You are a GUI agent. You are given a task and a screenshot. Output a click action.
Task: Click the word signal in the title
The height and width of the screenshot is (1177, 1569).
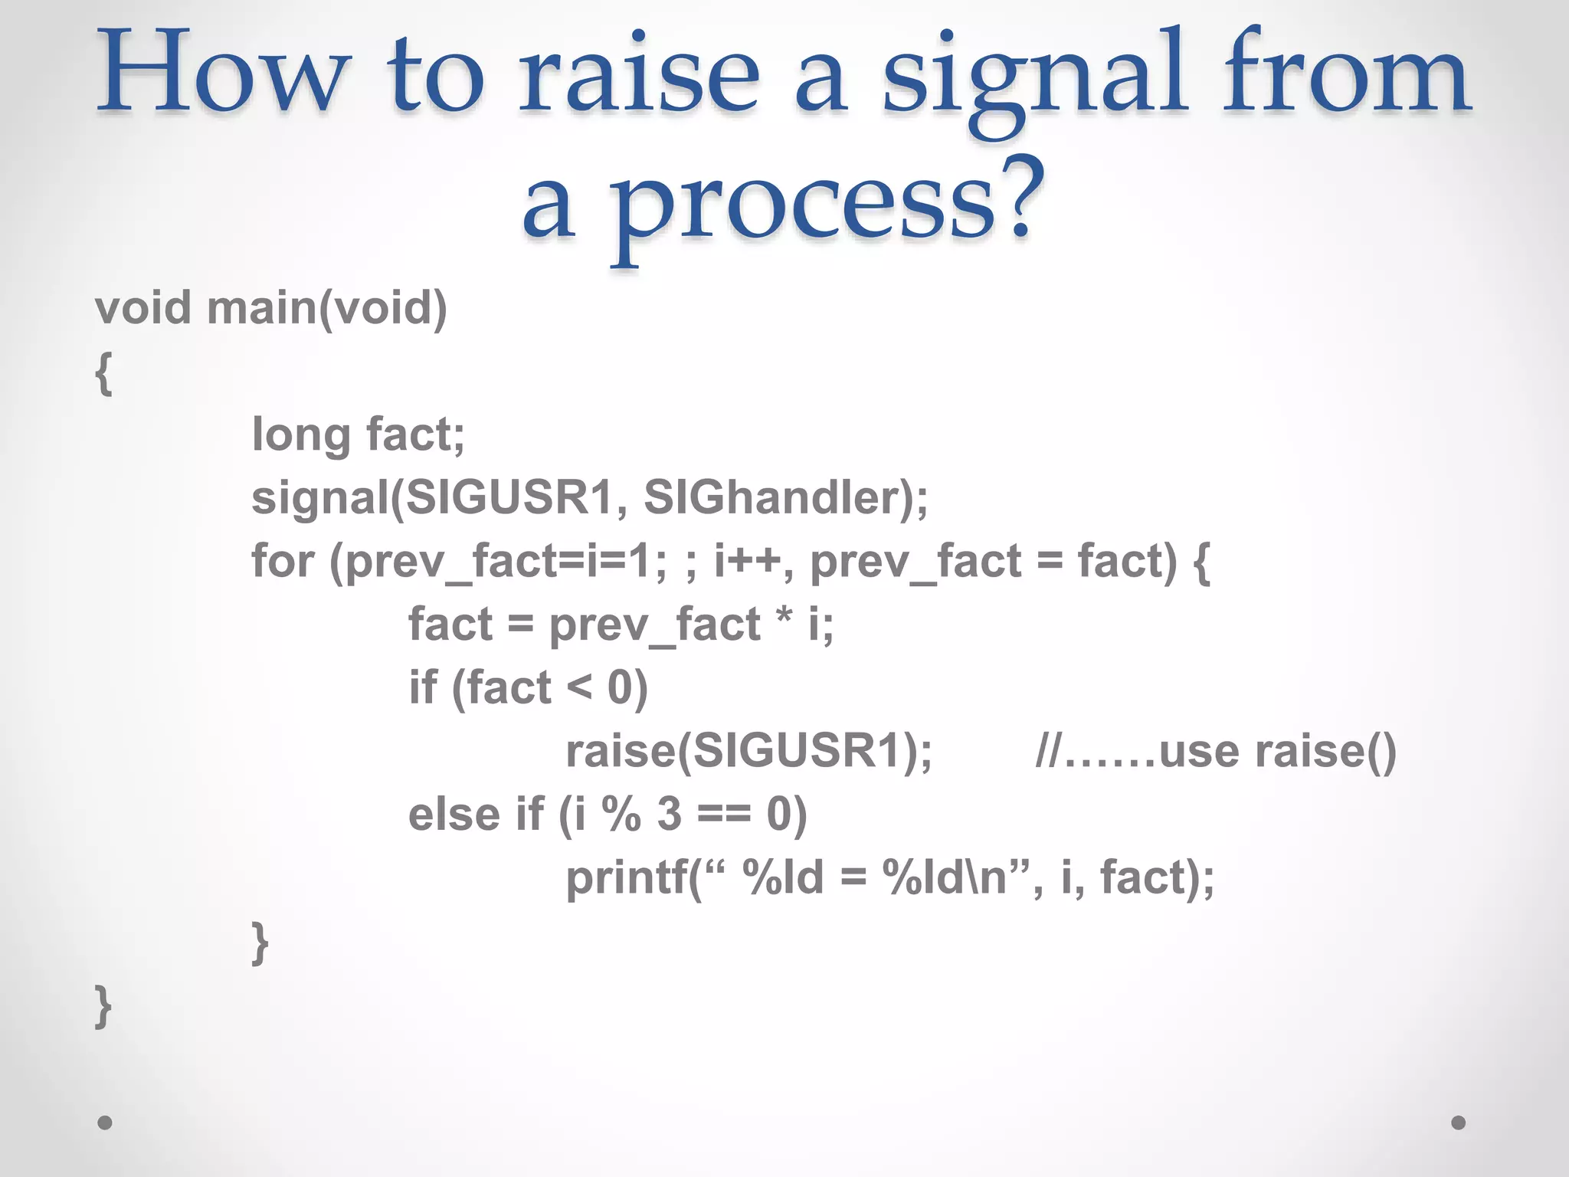[1034, 80]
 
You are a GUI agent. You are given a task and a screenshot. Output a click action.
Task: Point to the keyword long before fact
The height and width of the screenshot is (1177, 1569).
[301, 435]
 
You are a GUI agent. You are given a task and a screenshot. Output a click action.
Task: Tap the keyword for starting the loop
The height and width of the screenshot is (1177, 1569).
[283, 561]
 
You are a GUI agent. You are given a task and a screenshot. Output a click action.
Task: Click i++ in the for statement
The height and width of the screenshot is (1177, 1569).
[747, 561]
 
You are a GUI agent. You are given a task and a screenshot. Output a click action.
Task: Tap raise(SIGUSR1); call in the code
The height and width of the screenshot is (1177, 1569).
[748, 751]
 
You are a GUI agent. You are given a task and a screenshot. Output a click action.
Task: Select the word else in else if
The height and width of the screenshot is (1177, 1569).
[453, 814]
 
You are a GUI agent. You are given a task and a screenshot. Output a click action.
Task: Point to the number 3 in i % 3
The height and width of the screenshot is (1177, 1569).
[669, 814]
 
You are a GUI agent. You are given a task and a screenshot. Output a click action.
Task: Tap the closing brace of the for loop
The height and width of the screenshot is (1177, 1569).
[260, 943]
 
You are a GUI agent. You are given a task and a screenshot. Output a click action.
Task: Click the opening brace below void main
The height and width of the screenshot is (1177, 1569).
[104, 373]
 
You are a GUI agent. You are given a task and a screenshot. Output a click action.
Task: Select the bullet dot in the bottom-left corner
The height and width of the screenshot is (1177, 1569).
[105, 1123]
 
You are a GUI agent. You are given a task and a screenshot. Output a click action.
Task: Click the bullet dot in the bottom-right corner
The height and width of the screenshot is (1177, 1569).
[1458, 1123]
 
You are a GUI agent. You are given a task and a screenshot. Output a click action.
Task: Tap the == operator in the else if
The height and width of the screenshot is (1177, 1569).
[724, 815]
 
